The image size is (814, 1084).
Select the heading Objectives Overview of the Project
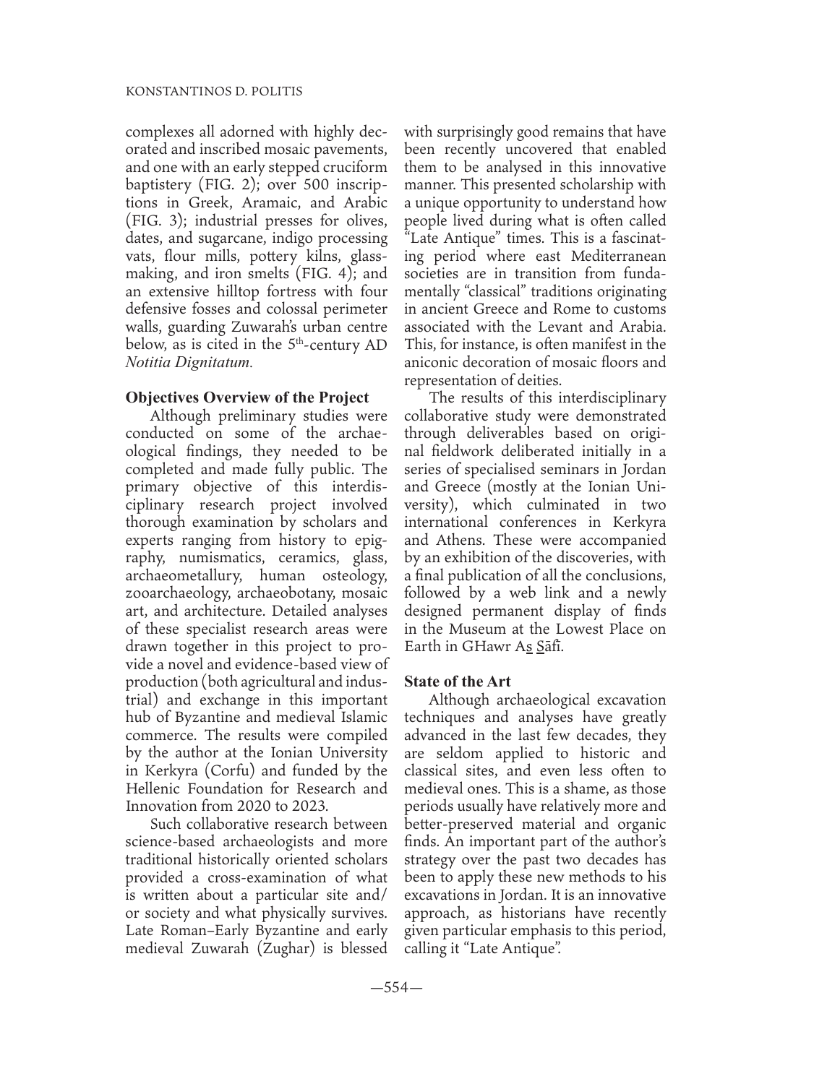(247, 397)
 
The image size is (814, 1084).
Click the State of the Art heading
(458, 681)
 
